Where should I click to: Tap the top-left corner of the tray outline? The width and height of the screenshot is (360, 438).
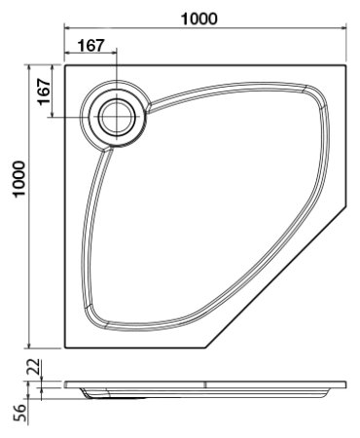pos(64,66)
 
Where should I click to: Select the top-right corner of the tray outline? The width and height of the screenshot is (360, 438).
pos(347,66)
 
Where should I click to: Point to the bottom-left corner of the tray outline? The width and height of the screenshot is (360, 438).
pos(64,348)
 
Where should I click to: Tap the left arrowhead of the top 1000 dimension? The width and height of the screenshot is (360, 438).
pos(68,30)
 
